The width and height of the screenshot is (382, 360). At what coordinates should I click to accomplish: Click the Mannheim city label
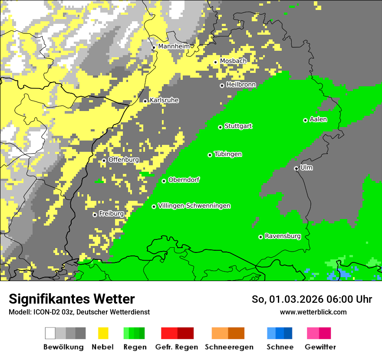click(174, 46)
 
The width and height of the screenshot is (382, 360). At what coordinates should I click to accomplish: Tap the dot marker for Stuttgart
click(221, 127)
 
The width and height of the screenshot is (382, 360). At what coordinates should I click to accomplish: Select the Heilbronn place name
click(241, 85)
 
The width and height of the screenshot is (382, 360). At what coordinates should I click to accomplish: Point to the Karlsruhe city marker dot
click(145, 101)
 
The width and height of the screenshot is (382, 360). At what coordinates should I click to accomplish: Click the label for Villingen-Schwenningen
click(194, 206)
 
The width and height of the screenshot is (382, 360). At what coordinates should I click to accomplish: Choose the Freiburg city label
click(111, 214)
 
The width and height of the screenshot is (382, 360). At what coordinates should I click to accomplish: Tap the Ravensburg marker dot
click(260, 237)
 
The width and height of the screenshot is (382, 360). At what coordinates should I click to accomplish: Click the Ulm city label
click(306, 168)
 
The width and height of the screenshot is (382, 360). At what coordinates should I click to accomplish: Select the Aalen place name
click(318, 120)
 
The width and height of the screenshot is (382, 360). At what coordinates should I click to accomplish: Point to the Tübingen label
click(228, 154)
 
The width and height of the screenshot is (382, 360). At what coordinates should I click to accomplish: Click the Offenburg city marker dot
click(104, 160)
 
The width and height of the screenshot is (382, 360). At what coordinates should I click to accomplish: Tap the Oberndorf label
click(184, 180)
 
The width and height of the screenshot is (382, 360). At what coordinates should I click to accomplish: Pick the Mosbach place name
click(233, 61)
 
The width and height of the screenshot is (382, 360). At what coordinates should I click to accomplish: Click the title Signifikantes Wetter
click(72, 299)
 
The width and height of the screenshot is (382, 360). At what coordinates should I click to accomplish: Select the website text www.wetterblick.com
click(313, 312)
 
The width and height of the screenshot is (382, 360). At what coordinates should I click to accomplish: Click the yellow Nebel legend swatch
click(103, 333)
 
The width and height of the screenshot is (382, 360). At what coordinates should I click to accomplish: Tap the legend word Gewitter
click(320, 347)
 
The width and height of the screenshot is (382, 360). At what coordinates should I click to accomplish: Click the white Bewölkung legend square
click(50, 333)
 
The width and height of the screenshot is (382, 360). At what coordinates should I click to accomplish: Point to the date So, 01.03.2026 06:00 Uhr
click(312, 299)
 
